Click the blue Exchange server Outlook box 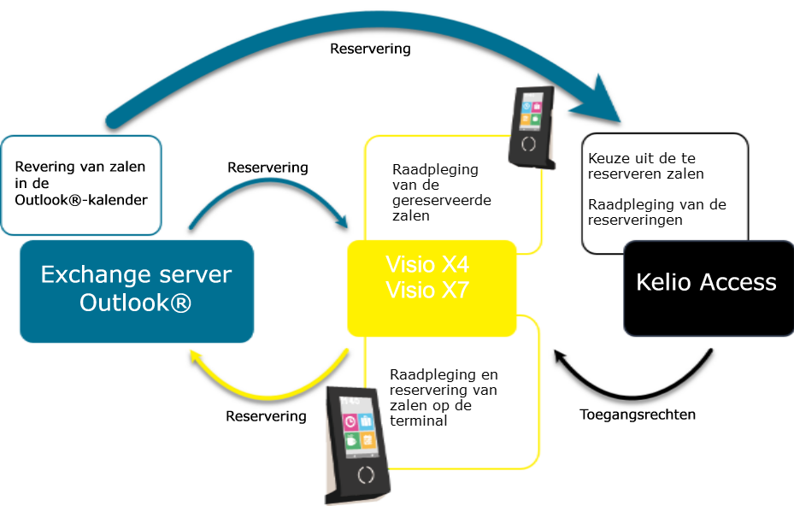[x=137, y=291]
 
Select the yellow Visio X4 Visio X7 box [x=432, y=288]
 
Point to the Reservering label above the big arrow [x=370, y=49]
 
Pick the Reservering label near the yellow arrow [x=266, y=416]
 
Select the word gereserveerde [x=435, y=200]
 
